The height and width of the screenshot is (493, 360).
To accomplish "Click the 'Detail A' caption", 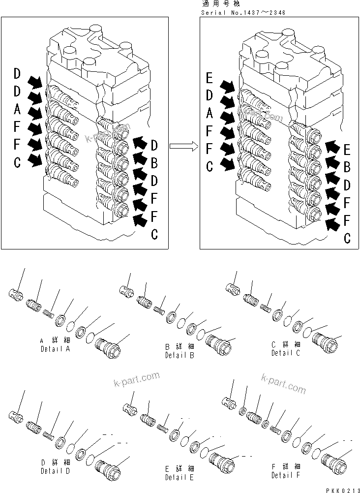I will click(x=56, y=349).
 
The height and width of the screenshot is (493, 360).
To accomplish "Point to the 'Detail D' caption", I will click(x=56, y=470).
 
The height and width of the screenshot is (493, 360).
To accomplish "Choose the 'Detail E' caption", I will click(x=180, y=477).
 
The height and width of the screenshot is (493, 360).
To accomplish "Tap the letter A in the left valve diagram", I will click(x=17, y=107).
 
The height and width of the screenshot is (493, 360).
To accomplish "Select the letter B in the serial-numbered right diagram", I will click(x=347, y=167).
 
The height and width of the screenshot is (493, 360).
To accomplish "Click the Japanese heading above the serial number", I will click(x=216, y=4).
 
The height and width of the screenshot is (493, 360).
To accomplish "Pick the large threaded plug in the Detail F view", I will click(x=334, y=463).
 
